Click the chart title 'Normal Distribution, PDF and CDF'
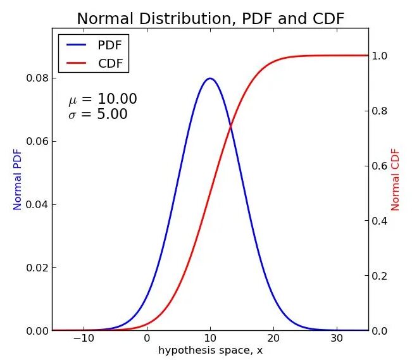210,19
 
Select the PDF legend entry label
109,45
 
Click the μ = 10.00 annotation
103,99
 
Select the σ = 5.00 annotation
98,115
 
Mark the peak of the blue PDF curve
210,78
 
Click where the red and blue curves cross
231,127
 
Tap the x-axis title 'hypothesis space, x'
210,350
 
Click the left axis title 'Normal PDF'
18,180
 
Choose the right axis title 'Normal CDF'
396,180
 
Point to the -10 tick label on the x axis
84,338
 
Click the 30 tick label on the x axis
337,338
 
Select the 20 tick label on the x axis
273,338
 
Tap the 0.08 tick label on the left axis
36,78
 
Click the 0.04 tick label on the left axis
36,204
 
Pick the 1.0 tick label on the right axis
380,56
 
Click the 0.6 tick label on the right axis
380,166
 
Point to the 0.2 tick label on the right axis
380,276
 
